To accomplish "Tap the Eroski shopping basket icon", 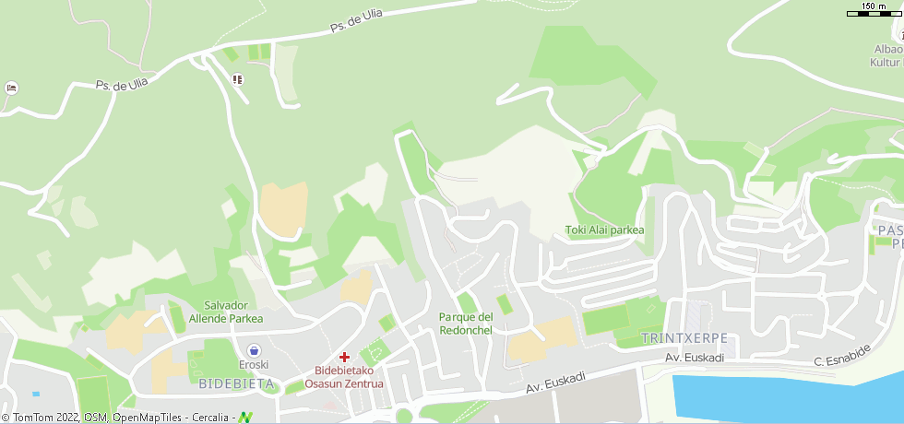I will pos(253,350).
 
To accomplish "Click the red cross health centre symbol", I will pos(344,357).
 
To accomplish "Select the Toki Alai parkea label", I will pos(604,230).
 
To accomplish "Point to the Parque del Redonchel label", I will pos(466,324).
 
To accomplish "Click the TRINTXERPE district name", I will pos(684,338).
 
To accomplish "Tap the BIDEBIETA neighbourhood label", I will pos(236,383).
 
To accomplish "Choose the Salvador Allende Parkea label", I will pos(226,312).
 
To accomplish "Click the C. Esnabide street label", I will pos(842,355).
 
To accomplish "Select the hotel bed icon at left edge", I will pos(11,88).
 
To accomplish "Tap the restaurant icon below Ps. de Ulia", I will pos(238,79).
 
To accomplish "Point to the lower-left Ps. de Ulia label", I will pos(122,84).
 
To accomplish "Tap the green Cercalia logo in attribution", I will pos(245,417).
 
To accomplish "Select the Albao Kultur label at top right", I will pos(887,55).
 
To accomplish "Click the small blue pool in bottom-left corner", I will pos(36,394).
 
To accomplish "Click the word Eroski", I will pos(253,366).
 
